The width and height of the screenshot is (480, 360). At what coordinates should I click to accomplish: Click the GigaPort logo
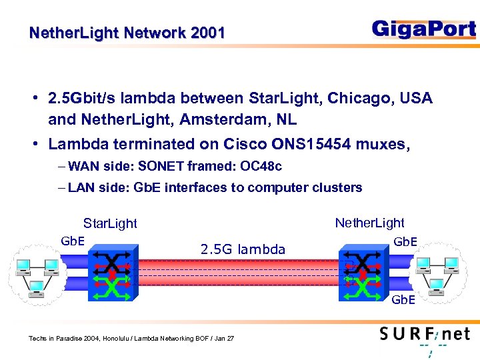coord(423,30)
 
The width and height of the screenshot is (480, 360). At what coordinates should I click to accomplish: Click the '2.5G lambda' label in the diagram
coord(243,249)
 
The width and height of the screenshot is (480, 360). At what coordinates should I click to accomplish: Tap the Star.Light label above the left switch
coord(110,223)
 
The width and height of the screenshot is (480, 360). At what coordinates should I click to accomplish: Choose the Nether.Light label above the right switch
coord(369,223)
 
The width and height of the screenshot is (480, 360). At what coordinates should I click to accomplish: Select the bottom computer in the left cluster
coord(37,289)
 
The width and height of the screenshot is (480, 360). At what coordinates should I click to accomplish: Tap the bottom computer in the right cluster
coord(437,287)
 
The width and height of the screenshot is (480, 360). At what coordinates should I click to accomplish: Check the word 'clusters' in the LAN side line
coord(337,187)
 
